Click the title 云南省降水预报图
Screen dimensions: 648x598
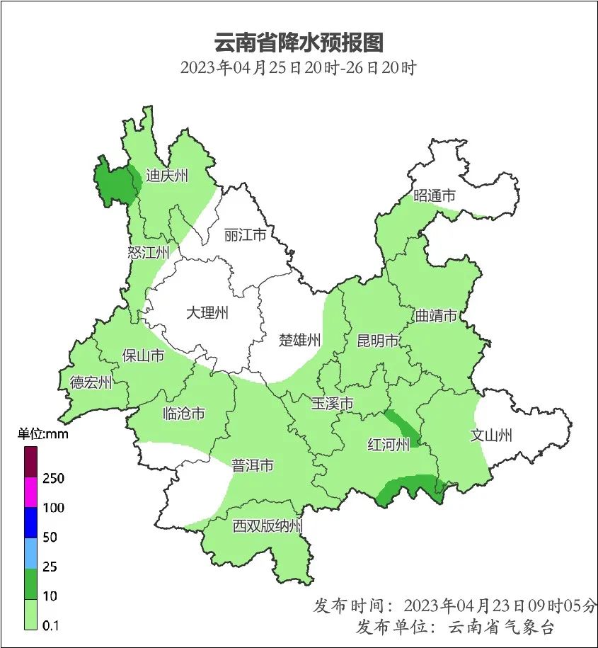298,42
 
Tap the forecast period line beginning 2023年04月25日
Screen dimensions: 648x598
298,69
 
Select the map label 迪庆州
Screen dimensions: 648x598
167,176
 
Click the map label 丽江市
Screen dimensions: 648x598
244,234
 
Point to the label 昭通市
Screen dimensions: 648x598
434,196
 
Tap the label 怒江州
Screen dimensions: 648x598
149,253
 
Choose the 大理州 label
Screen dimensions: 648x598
207,313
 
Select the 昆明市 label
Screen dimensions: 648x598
377,341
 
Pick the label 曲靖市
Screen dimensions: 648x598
435,316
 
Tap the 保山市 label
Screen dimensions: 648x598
143,356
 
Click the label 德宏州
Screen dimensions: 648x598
91,383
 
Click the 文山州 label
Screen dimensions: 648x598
490,436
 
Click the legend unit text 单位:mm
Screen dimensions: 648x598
43,434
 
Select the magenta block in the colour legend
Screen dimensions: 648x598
30,492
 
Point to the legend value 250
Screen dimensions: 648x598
53,479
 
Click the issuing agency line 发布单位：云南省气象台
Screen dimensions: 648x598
454,627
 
